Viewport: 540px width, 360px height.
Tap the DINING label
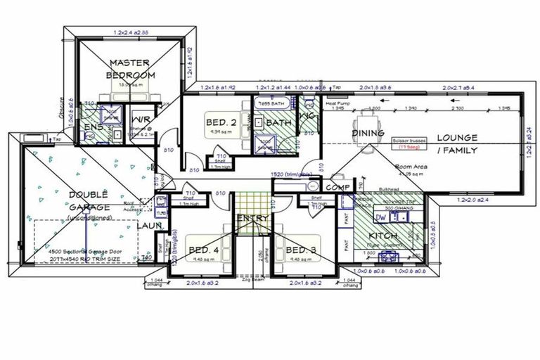368,133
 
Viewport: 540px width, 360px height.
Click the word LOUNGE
456,138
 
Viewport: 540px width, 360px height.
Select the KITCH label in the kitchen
383,236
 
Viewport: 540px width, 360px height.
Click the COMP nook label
339,187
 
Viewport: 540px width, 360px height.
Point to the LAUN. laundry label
150,226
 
